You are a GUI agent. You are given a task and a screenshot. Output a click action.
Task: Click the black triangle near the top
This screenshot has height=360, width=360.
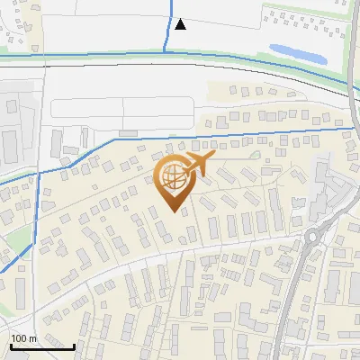pos(181,24)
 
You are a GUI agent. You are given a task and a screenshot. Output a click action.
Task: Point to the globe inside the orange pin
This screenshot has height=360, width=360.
pos(173,175)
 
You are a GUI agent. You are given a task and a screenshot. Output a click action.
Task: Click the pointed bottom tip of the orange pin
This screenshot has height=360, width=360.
pos(175,211)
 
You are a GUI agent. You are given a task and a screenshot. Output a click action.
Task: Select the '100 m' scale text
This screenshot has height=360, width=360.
pos(23,338)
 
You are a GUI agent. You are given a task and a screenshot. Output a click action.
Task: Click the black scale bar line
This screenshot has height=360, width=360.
pos(42,346)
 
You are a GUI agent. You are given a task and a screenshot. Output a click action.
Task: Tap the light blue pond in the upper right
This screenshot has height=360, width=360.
pos(297,52)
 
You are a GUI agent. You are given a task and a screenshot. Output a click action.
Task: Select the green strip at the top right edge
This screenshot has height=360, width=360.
pos(306,7)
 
